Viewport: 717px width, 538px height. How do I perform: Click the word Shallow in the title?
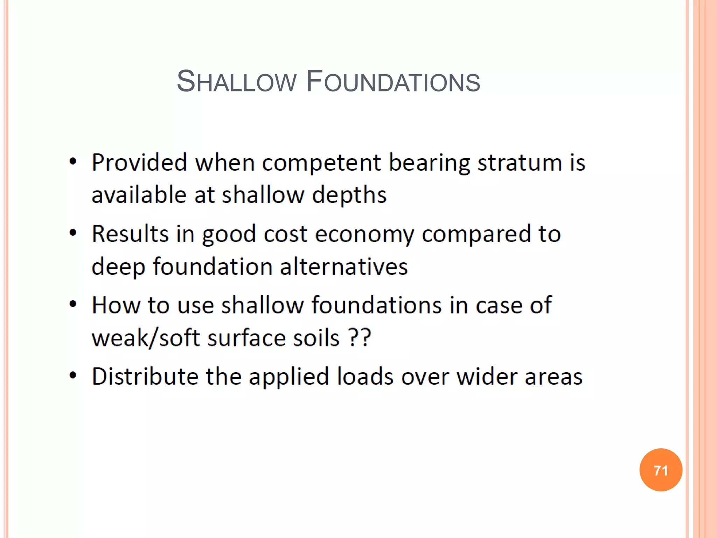point(237,82)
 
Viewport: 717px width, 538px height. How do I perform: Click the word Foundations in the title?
point(393,82)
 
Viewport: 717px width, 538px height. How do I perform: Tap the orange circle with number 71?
point(661,470)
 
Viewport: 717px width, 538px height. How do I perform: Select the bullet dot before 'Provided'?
point(73,161)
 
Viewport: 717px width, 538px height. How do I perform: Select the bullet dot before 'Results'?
point(73,233)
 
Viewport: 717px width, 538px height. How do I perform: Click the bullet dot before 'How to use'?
point(73,304)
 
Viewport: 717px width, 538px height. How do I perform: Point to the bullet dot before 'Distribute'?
point(73,375)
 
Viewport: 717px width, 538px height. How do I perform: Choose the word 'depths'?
point(349,195)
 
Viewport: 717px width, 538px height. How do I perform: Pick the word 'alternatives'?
point(344,267)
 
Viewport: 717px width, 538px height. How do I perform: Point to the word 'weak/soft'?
point(146,338)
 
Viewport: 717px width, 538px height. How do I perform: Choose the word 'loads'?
point(365,377)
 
